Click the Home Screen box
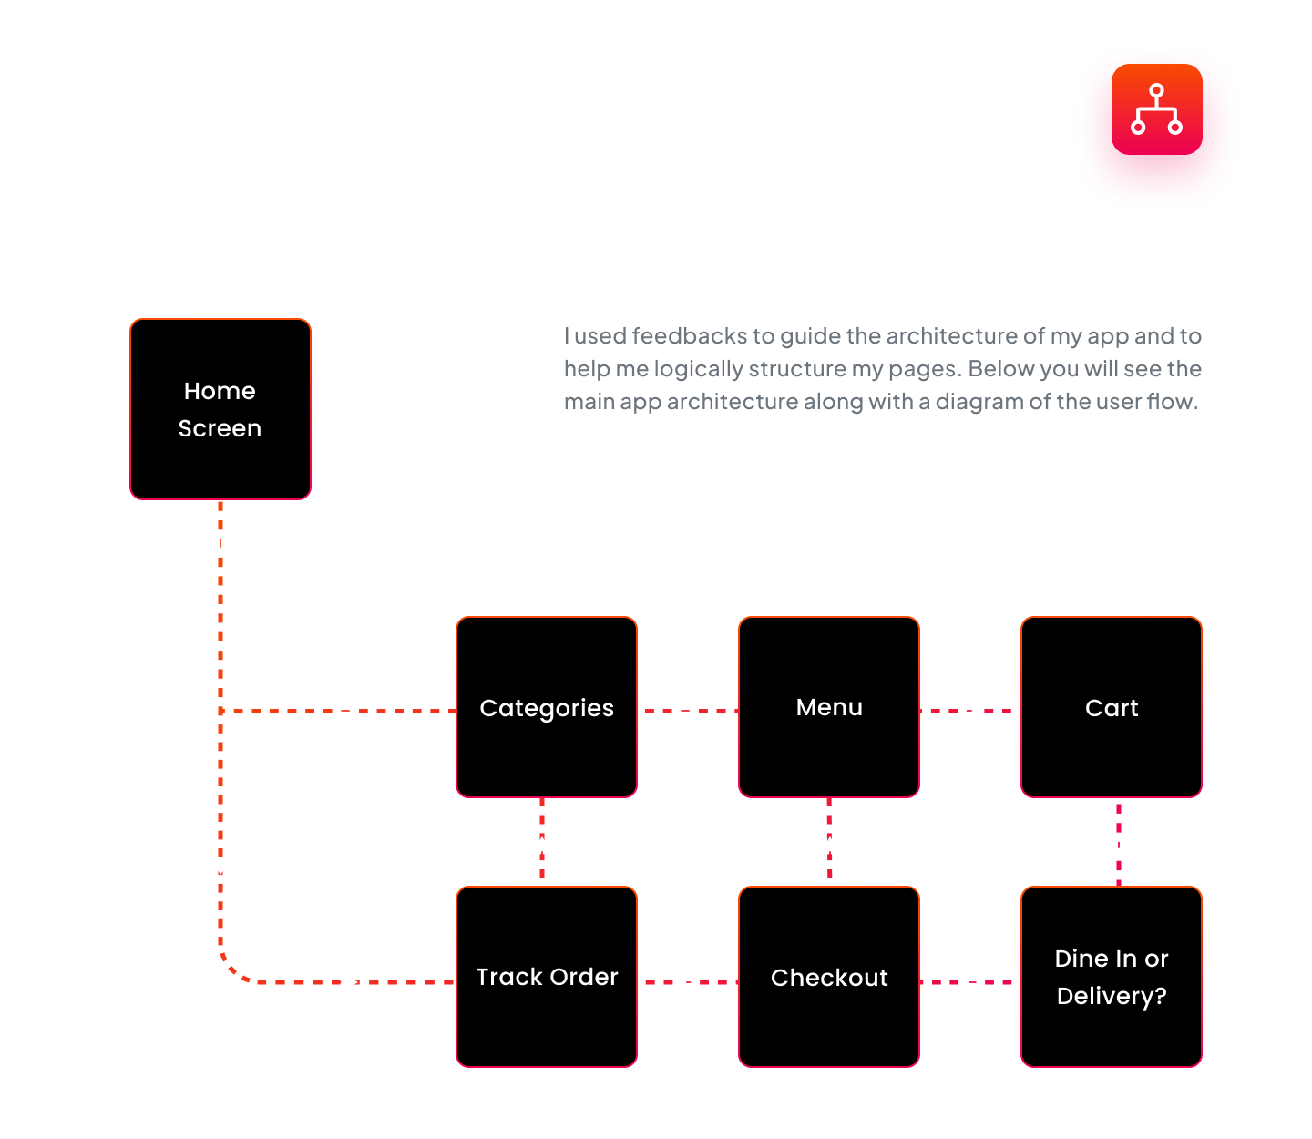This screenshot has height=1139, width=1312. (x=220, y=409)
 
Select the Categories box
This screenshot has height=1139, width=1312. (x=547, y=707)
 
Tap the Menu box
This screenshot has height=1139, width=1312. (x=829, y=707)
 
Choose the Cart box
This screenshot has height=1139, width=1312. (x=1112, y=707)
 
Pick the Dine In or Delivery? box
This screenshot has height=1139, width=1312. (x=1112, y=977)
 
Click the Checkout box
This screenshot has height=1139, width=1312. (x=829, y=977)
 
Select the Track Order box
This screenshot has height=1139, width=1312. (x=547, y=977)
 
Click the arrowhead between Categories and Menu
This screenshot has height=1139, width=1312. (x=688, y=711)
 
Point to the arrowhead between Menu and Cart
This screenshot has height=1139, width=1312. (x=970, y=711)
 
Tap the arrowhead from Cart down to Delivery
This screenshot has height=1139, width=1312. (x=1119, y=846)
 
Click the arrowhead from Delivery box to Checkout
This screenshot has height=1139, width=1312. (x=970, y=982)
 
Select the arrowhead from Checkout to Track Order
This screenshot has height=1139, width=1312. (x=688, y=982)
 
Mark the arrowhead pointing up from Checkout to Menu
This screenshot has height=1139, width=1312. (x=829, y=847)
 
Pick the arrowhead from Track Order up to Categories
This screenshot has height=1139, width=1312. (x=542, y=847)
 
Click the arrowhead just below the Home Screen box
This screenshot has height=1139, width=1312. (x=220, y=545)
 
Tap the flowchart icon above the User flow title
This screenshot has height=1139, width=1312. (x=1156, y=109)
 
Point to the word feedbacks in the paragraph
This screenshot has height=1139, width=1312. (x=690, y=336)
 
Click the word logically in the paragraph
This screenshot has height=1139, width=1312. (x=698, y=369)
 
